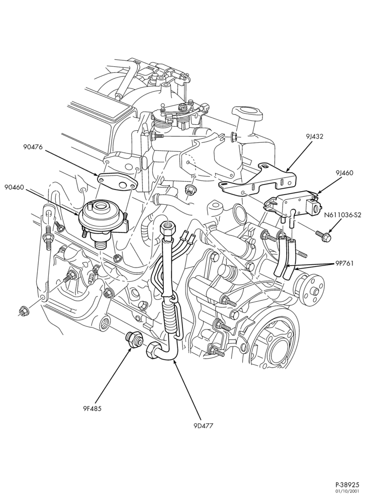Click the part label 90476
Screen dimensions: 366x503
pyautogui.click(x=33, y=147)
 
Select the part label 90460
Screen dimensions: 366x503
pyautogui.click(x=15, y=187)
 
